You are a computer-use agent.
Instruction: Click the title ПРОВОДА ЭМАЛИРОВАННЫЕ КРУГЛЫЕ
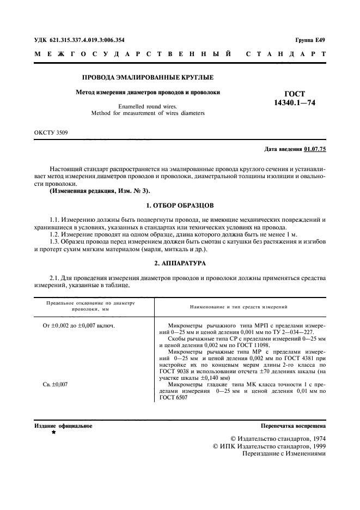pyautogui.click(x=147, y=78)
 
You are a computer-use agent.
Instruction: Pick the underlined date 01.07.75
pyautogui.click(x=315, y=149)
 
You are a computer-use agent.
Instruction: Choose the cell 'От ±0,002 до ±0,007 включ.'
pyautogui.click(x=78, y=325)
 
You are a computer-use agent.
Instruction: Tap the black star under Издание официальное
pyautogui.click(x=53, y=432)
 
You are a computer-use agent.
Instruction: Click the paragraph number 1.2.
pyautogui.click(x=55, y=234)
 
